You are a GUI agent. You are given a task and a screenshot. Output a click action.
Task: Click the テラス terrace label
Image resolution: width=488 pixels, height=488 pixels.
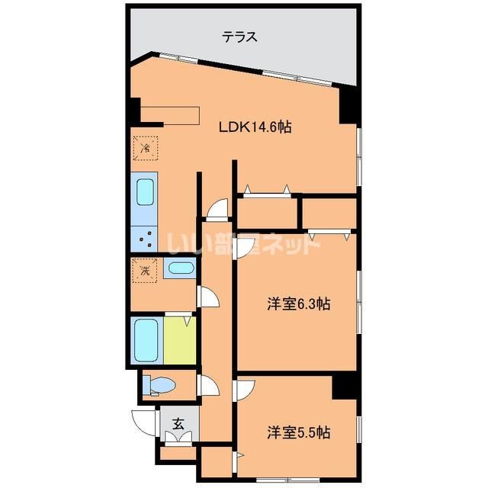[239, 36]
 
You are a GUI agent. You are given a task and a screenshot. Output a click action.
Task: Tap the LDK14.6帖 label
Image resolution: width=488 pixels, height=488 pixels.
[255, 128]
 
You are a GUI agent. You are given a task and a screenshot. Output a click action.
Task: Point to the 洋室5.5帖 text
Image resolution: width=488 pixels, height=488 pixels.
[297, 432]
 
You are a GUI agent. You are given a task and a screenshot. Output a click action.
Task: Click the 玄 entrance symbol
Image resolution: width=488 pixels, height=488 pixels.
[178, 423]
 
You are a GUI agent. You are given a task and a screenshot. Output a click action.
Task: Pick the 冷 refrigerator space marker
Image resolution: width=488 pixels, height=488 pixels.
[145, 147]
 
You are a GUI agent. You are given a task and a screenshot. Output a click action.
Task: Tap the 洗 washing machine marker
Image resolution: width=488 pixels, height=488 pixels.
[144, 269]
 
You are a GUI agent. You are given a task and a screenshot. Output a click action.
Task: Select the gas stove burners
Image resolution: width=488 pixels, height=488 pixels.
[144, 239]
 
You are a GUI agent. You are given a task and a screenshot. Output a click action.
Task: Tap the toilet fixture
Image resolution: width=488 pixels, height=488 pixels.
[161, 385]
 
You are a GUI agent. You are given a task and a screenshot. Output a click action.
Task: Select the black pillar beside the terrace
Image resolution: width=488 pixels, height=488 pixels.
[348, 106]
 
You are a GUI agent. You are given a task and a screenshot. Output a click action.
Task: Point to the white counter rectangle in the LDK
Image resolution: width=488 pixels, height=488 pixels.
[169, 114]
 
